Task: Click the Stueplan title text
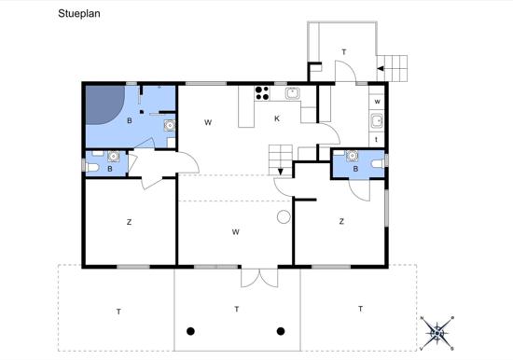click(x=79, y=14)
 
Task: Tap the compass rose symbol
click(x=437, y=333)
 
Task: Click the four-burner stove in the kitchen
click(x=262, y=93)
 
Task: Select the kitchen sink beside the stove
click(x=293, y=93)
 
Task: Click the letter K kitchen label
click(x=277, y=118)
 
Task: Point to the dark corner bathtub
click(x=104, y=104)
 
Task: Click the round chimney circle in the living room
click(x=284, y=216)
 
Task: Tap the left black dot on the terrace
click(x=190, y=331)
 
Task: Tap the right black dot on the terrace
click(x=281, y=331)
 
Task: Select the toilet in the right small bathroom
click(x=378, y=163)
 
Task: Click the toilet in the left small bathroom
click(x=92, y=167)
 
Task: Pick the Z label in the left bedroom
click(x=129, y=222)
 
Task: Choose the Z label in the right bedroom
click(x=341, y=222)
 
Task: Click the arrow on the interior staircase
click(x=281, y=172)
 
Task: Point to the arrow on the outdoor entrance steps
click(x=381, y=68)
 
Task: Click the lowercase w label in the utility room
click(x=377, y=102)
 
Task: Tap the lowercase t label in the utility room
click(x=376, y=139)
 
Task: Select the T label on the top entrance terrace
click(x=344, y=52)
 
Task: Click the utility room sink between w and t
click(x=377, y=120)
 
